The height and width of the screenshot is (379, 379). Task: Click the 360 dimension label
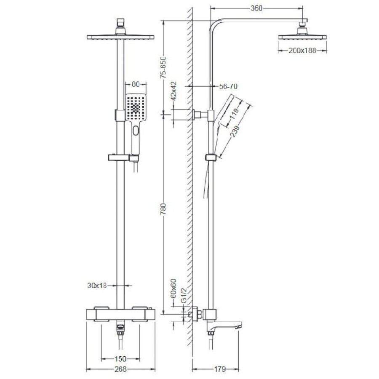tap(256, 8)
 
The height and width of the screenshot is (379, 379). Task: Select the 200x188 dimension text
tap(302, 51)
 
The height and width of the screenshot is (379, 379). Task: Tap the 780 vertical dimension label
tap(164, 209)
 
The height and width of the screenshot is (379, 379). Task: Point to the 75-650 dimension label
tap(164, 67)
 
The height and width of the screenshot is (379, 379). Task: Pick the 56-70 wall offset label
tap(228, 86)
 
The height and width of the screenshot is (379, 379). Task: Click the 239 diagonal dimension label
tap(235, 131)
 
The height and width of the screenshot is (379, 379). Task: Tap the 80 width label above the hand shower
tap(136, 84)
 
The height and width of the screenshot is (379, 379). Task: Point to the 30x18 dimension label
tap(97, 286)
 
